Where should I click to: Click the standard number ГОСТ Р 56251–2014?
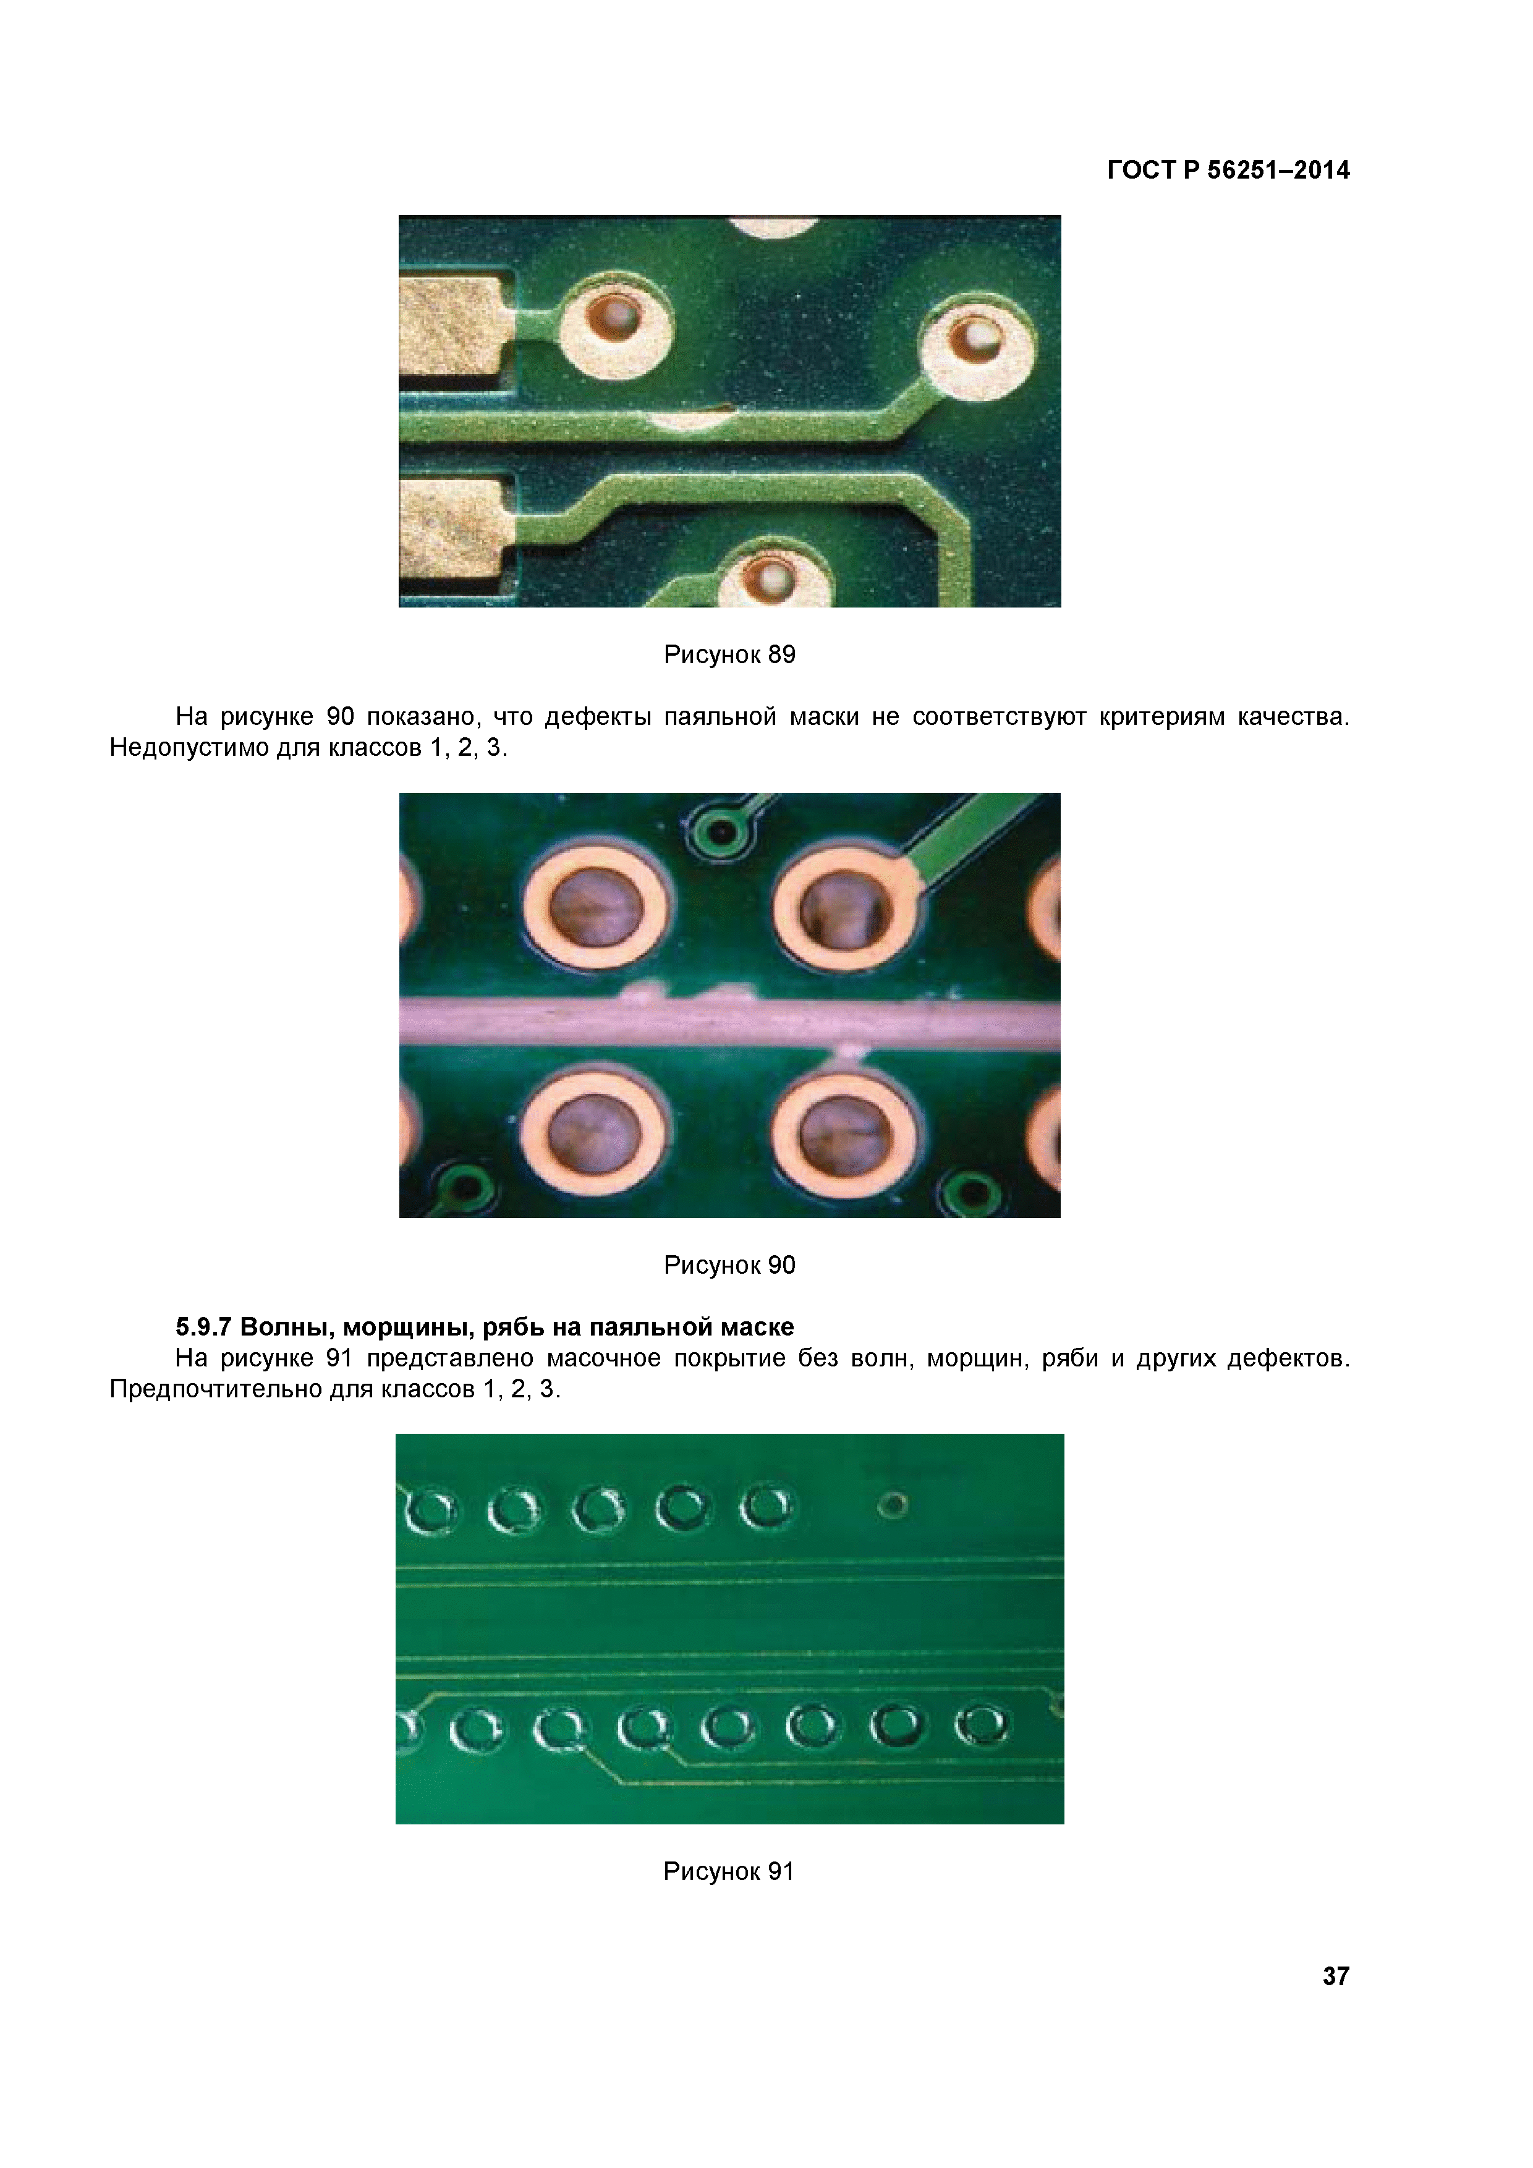click(x=1228, y=170)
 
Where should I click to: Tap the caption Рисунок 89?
click(x=729, y=654)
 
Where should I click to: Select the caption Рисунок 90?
click(x=729, y=1264)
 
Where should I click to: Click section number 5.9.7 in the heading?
click(x=203, y=1327)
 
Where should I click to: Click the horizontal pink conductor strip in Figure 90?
click(x=729, y=1022)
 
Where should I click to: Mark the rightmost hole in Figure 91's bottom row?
click(x=982, y=1725)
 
